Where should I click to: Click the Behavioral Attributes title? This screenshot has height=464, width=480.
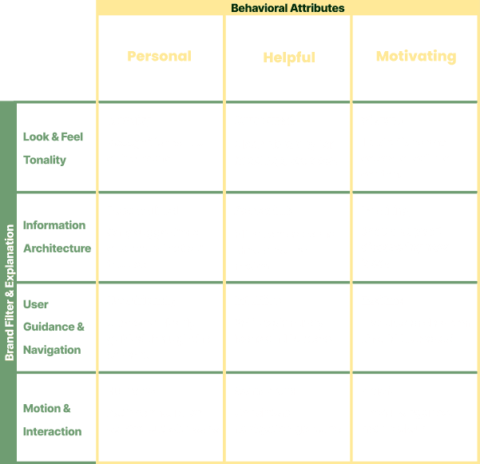(288, 8)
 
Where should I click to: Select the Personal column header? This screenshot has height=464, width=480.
(160, 57)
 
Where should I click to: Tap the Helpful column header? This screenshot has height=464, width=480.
(288, 58)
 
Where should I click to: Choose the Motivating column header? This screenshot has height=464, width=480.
(415, 57)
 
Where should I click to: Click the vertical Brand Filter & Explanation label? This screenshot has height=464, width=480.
(10, 291)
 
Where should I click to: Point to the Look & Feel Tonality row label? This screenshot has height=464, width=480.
(53, 148)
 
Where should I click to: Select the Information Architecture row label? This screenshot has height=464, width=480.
(56, 236)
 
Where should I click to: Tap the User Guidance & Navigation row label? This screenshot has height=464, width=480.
(53, 327)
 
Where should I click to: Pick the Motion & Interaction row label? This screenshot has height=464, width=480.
(52, 419)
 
